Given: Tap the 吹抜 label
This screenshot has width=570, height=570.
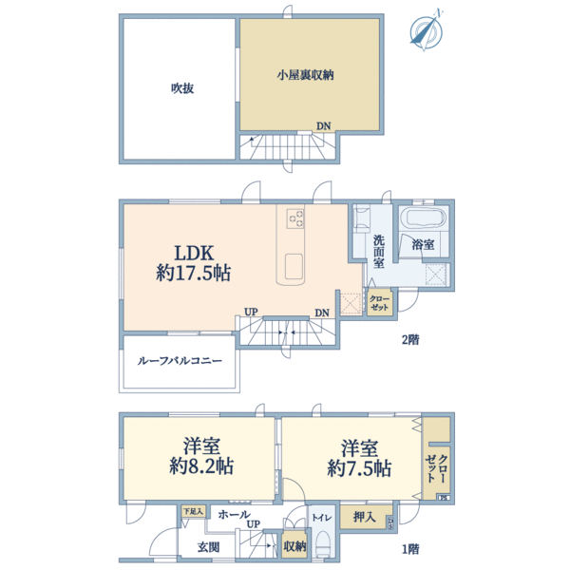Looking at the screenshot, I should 183,88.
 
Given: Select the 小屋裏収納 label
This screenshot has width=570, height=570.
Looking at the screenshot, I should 310,73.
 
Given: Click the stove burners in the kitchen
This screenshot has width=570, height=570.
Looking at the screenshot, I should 294,218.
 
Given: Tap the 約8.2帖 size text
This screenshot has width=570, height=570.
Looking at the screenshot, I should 202,467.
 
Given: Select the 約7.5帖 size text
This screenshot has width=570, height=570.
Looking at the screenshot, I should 358,467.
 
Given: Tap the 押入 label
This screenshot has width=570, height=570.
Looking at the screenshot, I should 363,519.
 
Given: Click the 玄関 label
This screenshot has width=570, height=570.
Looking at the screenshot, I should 209,546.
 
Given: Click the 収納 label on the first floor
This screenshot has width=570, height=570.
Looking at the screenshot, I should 294,546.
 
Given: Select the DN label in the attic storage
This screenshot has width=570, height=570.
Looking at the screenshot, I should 324,124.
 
